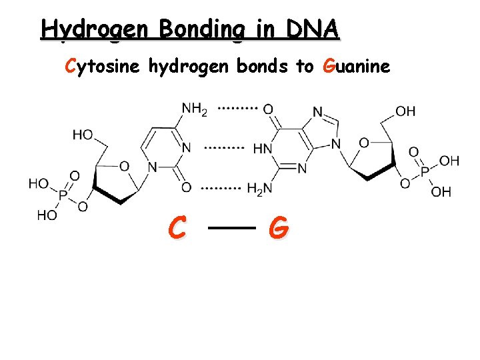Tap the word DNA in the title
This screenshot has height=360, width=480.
(x=313, y=29)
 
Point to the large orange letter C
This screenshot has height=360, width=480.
(x=177, y=229)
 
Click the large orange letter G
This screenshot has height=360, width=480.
(x=279, y=229)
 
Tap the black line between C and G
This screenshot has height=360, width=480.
(x=232, y=228)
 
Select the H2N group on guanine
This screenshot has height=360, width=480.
(x=259, y=190)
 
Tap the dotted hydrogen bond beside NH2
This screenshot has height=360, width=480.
(x=238, y=107)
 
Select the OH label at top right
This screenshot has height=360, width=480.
(x=405, y=111)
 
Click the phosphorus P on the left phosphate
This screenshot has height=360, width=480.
(x=63, y=196)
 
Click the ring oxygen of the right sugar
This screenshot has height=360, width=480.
(x=363, y=142)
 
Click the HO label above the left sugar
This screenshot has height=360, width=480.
(x=83, y=135)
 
